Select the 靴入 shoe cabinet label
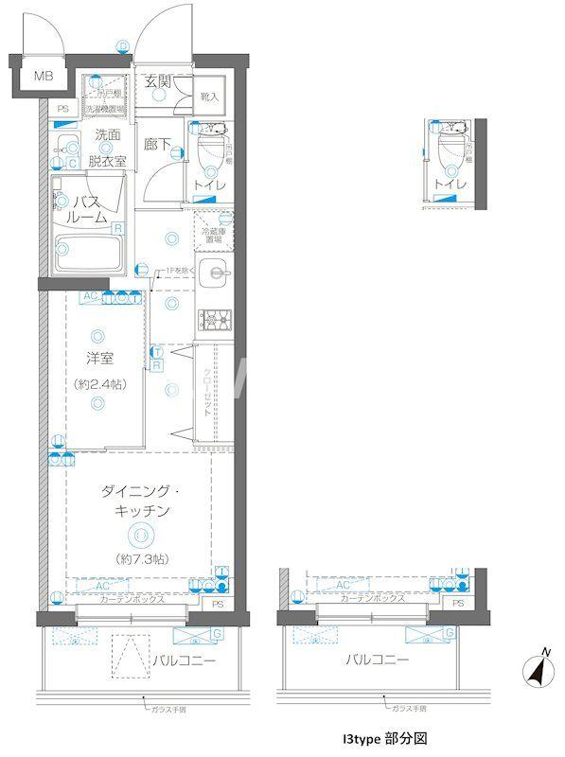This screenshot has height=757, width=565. [209, 97]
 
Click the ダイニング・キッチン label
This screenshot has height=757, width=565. [139, 502]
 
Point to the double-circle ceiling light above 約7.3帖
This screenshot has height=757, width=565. [139, 535]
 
